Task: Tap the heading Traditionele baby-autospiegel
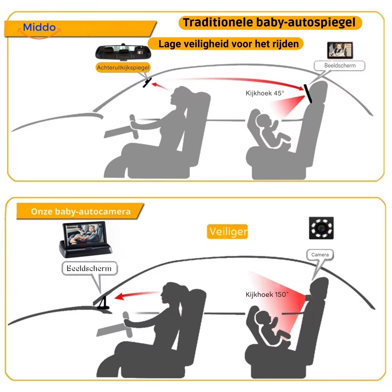[x=270, y=22]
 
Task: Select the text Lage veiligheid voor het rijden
[x=228, y=43]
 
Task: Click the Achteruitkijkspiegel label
[x=123, y=68]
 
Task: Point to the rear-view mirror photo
[x=123, y=52]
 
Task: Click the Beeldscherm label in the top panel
[x=339, y=66]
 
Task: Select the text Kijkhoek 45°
[x=265, y=93]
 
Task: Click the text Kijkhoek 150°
[x=267, y=295]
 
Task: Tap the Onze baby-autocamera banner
[x=80, y=211]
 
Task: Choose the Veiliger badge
[x=227, y=232]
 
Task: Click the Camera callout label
[x=320, y=255]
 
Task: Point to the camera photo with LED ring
[x=321, y=228]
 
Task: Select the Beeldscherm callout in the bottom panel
[x=89, y=268]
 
